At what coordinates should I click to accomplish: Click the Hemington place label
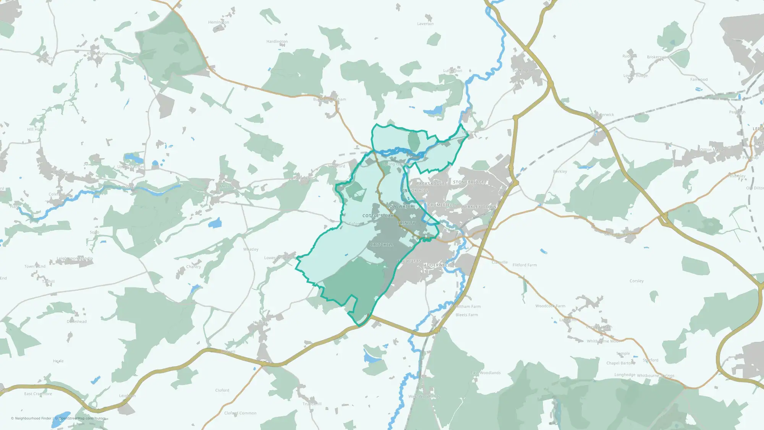click(x=219, y=22)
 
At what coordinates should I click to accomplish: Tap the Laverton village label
click(x=425, y=24)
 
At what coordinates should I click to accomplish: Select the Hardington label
click(x=277, y=41)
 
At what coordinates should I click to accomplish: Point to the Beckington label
click(x=523, y=71)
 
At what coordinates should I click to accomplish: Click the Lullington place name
click(x=453, y=71)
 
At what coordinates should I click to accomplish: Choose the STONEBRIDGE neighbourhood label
click(x=469, y=182)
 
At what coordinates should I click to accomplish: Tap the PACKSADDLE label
click(x=431, y=184)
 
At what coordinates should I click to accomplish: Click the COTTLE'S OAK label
click(x=378, y=216)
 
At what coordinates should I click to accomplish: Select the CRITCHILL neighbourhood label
click(x=382, y=245)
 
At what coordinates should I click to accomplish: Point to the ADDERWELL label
click(x=437, y=265)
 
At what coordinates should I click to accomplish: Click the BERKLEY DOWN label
click(x=479, y=207)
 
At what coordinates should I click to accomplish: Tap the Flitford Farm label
click(x=524, y=265)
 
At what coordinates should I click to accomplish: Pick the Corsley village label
click(x=636, y=281)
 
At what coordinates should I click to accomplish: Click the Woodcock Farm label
click(x=550, y=306)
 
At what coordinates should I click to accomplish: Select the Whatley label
click(x=251, y=249)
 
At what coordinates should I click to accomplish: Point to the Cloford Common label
click(x=240, y=413)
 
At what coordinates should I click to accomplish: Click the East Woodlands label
click(x=486, y=373)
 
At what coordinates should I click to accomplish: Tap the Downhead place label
click(x=77, y=321)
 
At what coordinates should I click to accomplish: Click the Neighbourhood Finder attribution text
click(x=31, y=419)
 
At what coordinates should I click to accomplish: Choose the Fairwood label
click(x=699, y=80)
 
